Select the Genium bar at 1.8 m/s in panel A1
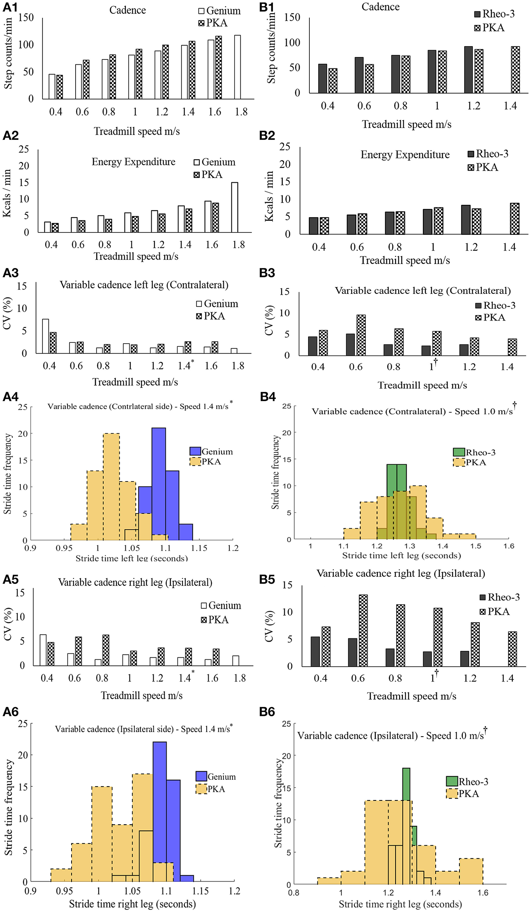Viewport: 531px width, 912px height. [x=237, y=67]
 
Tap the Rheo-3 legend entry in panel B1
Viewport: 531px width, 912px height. [x=494, y=14]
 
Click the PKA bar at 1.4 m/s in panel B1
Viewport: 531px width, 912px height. [x=515, y=70]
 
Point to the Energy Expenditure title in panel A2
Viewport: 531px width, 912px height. [x=133, y=162]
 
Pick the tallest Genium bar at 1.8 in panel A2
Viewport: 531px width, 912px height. [x=235, y=207]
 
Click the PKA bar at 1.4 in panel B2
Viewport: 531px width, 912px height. [x=514, y=219]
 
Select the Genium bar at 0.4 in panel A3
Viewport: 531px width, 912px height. [x=46, y=336]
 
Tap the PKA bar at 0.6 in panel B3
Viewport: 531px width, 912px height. [x=361, y=335]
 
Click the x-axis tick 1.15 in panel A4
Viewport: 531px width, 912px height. [x=199, y=548]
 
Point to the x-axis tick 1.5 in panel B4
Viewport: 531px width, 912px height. [x=476, y=546]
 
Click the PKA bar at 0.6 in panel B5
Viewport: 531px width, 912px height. [x=363, y=630]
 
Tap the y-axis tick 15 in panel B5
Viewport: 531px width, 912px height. [x=287, y=585]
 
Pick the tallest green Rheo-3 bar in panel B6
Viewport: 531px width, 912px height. [x=406, y=825]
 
